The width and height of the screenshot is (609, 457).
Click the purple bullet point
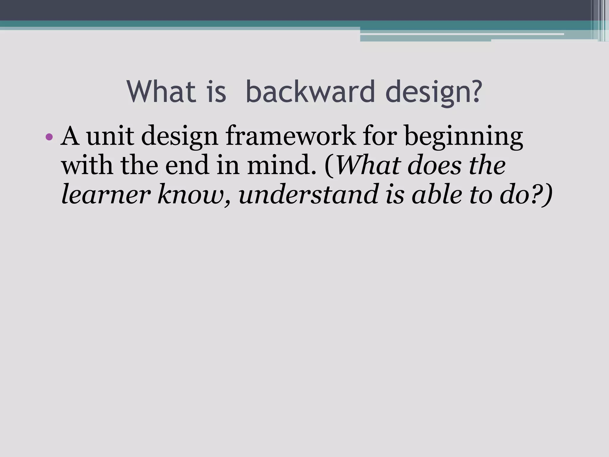(49, 137)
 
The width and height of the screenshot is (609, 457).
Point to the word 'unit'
(110, 136)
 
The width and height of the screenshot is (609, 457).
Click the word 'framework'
(290, 136)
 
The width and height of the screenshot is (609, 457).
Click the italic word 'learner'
(104, 195)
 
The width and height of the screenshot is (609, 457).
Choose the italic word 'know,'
(194, 195)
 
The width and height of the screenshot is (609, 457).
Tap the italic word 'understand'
(308, 195)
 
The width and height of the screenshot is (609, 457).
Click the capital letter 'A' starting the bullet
(70, 136)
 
